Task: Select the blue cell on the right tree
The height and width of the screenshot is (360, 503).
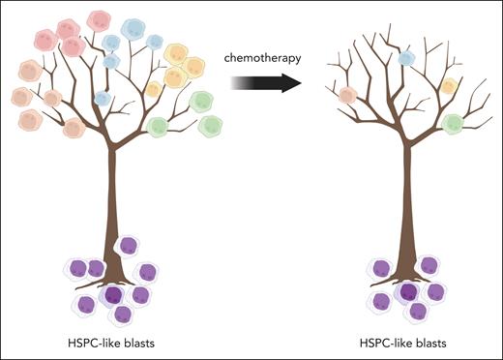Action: pos(407,58)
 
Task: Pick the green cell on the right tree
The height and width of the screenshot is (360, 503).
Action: pos(452,123)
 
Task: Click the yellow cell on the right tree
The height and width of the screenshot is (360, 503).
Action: pos(448,86)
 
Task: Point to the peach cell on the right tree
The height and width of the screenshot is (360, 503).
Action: pos(347,95)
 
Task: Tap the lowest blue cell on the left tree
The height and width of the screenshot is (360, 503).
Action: pos(102,98)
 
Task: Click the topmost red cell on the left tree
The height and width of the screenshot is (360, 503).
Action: pos(97,20)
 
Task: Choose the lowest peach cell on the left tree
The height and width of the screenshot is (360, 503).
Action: pos(74,127)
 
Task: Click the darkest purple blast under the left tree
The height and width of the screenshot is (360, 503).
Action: pos(113,295)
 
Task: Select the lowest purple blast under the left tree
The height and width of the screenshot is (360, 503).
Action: pos(123,315)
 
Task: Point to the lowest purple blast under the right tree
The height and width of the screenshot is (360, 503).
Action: pos(418,311)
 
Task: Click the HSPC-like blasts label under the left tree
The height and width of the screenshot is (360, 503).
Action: pos(114,343)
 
